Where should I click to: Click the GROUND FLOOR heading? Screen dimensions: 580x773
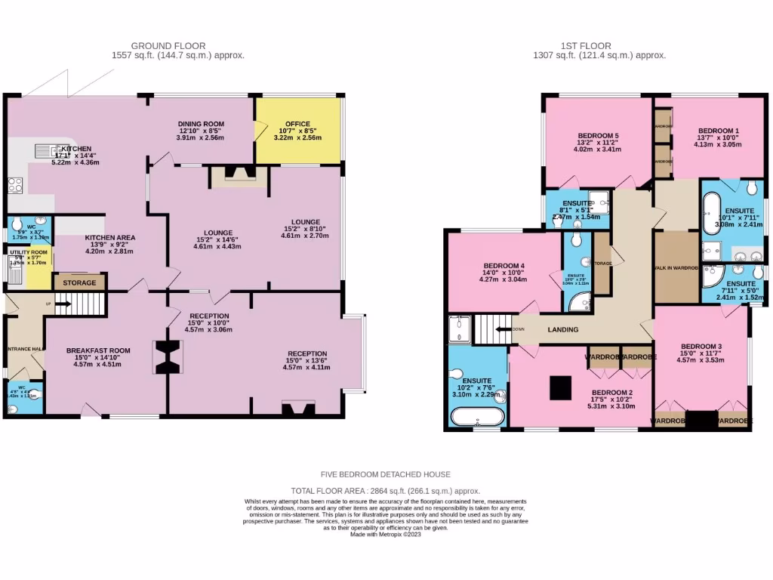point(168,46)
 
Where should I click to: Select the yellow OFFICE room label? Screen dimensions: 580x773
point(297,125)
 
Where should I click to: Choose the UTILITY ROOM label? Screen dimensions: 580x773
point(29,252)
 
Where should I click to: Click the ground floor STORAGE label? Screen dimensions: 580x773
point(79,283)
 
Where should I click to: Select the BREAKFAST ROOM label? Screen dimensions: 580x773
point(98,351)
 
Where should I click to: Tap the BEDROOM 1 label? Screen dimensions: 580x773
point(718,131)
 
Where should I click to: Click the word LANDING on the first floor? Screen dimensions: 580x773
point(563,329)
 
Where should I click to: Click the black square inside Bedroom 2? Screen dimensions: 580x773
point(560,387)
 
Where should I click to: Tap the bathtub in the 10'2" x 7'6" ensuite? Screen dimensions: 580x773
point(476,417)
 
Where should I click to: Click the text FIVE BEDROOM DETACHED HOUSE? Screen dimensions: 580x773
point(386,474)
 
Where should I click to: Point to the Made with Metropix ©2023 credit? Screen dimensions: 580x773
point(386,534)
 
